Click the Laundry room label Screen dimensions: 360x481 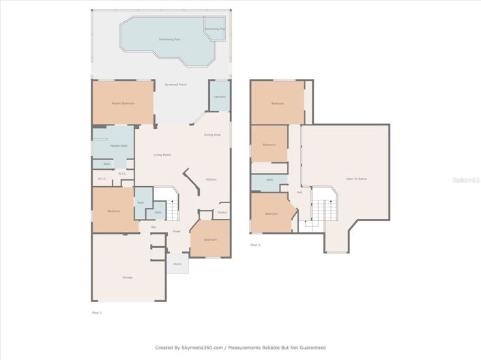point(219,97)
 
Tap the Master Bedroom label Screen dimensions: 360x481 point(123,103)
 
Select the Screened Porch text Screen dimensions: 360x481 point(175,85)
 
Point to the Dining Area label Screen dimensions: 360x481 point(212,135)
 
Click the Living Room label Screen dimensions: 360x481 point(162,155)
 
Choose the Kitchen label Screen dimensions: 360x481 point(212,179)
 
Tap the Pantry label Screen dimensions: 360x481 point(222,213)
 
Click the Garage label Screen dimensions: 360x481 point(127,277)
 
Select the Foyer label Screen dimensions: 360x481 point(176,232)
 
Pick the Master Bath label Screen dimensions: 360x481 point(119,145)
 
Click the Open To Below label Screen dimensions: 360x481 point(356,179)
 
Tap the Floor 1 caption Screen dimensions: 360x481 point(96,312)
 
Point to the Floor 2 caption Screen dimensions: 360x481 point(255,245)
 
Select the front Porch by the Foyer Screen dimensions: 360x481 point(177,264)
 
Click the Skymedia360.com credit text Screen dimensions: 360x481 point(240,348)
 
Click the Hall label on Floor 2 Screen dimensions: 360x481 point(299,192)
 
